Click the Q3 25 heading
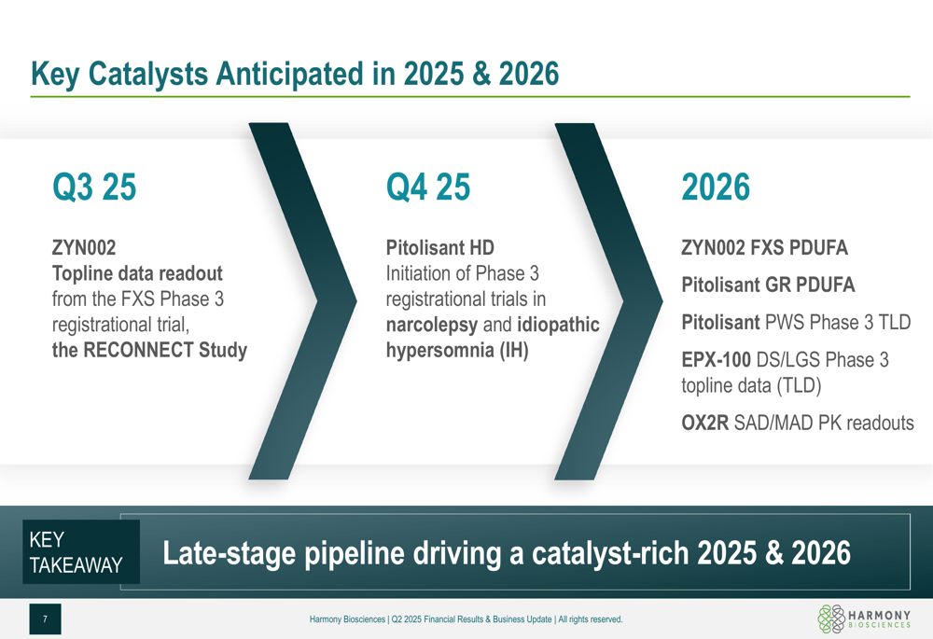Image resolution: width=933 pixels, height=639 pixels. [x=94, y=187]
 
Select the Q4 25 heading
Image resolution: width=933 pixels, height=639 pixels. [x=428, y=187]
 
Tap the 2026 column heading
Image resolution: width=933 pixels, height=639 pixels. [x=716, y=187]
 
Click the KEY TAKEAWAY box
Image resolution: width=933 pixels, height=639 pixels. [x=81, y=551]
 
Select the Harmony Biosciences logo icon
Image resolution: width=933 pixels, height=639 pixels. [x=830, y=618]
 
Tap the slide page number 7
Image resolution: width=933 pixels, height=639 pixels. [x=45, y=619]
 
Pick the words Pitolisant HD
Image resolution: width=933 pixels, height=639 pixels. [x=439, y=247]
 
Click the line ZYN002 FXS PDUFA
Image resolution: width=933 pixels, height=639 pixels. [x=765, y=247]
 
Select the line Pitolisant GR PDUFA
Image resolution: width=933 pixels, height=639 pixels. [x=768, y=285]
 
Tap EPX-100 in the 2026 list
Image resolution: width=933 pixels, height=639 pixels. [x=716, y=360]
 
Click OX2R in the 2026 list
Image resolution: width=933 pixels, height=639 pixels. [x=705, y=423]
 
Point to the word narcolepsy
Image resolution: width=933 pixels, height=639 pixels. [x=431, y=326]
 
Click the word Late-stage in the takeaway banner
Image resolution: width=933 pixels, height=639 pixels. [x=230, y=553]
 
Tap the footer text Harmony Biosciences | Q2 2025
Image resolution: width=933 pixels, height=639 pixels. [x=366, y=619]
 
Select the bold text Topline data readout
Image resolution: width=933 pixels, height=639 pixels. [x=137, y=273]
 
